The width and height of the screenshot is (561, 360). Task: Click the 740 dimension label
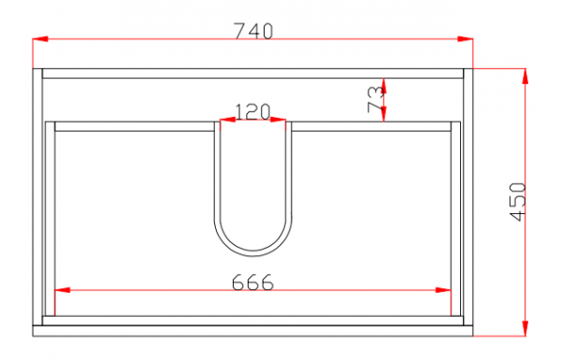click(x=253, y=31)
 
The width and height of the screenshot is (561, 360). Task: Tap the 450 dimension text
click(x=517, y=202)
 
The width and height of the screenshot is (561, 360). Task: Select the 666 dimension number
click(x=252, y=282)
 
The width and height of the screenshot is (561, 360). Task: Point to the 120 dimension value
click(x=252, y=111)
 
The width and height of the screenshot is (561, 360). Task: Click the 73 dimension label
click(x=376, y=99)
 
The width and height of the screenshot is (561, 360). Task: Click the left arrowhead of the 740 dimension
click(x=40, y=38)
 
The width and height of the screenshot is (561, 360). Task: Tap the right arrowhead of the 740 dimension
click(x=465, y=38)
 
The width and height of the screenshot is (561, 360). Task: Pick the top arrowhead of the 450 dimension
click(x=525, y=77)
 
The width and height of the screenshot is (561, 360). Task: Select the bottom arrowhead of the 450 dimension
click(x=525, y=328)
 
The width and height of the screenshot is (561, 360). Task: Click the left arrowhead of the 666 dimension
click(x=63, y=290)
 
